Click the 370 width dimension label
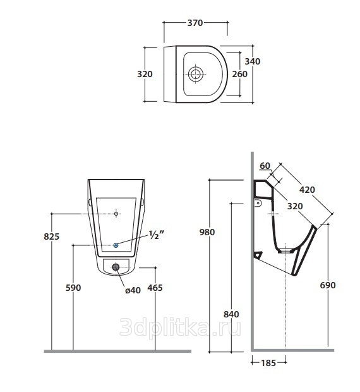(195, 23)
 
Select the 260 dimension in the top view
(239, 74)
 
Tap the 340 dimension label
(253, 61)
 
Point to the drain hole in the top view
(195, 74)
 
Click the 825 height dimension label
(51, 236)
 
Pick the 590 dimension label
(73, 288)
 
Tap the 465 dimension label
(155, 288)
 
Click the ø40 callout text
(133, 290)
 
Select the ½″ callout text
(156, 235)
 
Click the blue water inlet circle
(116, 245)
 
